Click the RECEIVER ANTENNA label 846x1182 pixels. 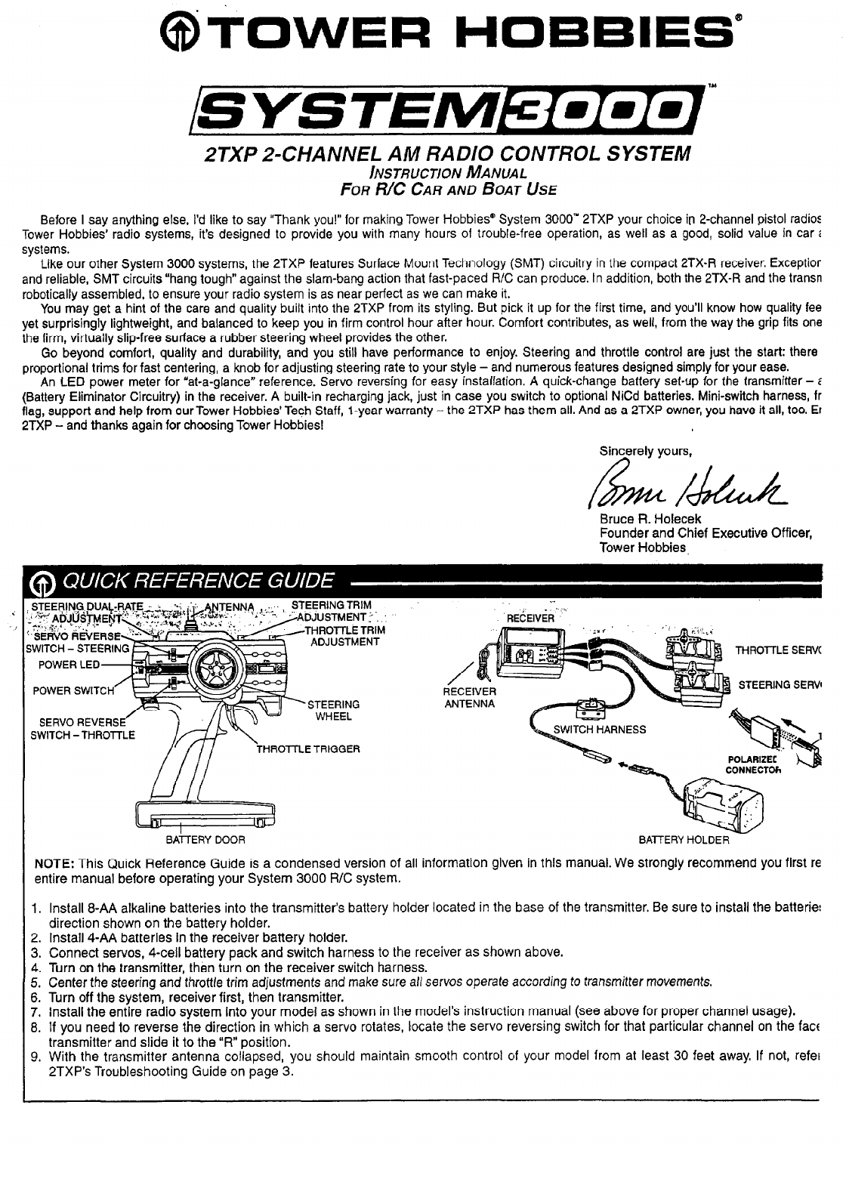469,698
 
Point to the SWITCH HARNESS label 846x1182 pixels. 600,729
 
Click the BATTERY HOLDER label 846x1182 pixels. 684,839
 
